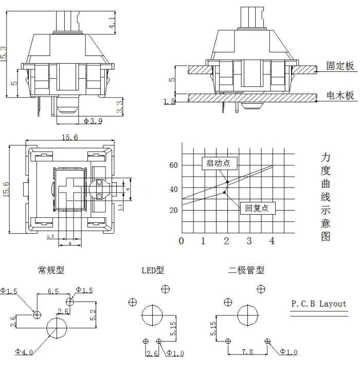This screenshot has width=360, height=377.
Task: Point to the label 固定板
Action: [x=340, y=66]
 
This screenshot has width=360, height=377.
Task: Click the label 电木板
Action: [x=340, y=95]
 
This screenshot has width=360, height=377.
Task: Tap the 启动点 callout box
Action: [x=218, y=163]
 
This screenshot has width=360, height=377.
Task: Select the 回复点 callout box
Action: [x=257, y=208]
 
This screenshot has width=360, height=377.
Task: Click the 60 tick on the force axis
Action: [x=173, y=165]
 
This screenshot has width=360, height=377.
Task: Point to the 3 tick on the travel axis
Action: [x=249, y=241]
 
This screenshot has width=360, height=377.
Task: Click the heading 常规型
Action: [x=51, y=270]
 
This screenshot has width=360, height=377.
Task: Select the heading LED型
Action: [x=153, y=270]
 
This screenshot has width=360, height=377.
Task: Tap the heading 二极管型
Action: [x=246, y=270]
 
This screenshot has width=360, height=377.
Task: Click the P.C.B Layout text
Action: [x=319, y=304]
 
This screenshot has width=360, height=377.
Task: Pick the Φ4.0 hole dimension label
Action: [x=24, y=352]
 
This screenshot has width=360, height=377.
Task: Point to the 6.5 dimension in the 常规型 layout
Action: [x=53, y=291]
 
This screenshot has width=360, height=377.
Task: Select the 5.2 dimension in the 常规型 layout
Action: [x=93, y=312]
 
